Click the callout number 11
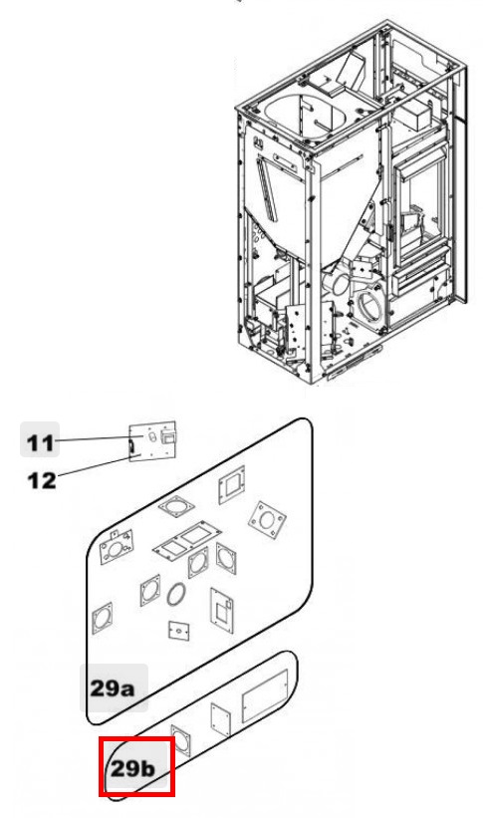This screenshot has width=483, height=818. coord(40,442)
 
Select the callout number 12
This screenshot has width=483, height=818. coord(41,480)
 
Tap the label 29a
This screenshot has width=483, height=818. coord(112,688)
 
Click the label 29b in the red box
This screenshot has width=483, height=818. coord(133,768)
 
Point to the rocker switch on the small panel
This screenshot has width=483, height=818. coord(167,435)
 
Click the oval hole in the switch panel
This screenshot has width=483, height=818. coord(152,436)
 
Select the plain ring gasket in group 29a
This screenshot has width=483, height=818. coord(176,595)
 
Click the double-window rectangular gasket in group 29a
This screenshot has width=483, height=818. coord(187,540)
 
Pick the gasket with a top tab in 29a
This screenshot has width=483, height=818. coord(117,547)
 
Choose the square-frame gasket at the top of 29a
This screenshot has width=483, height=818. coord(232,484)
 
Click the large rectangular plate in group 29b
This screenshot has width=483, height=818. coord(265,696)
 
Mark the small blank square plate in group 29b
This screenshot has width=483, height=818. coord(221,720)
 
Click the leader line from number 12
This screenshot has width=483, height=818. coord(95,466)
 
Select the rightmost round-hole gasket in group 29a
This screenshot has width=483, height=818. coord(267,520)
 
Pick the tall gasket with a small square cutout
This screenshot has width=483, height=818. coord(222,611)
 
